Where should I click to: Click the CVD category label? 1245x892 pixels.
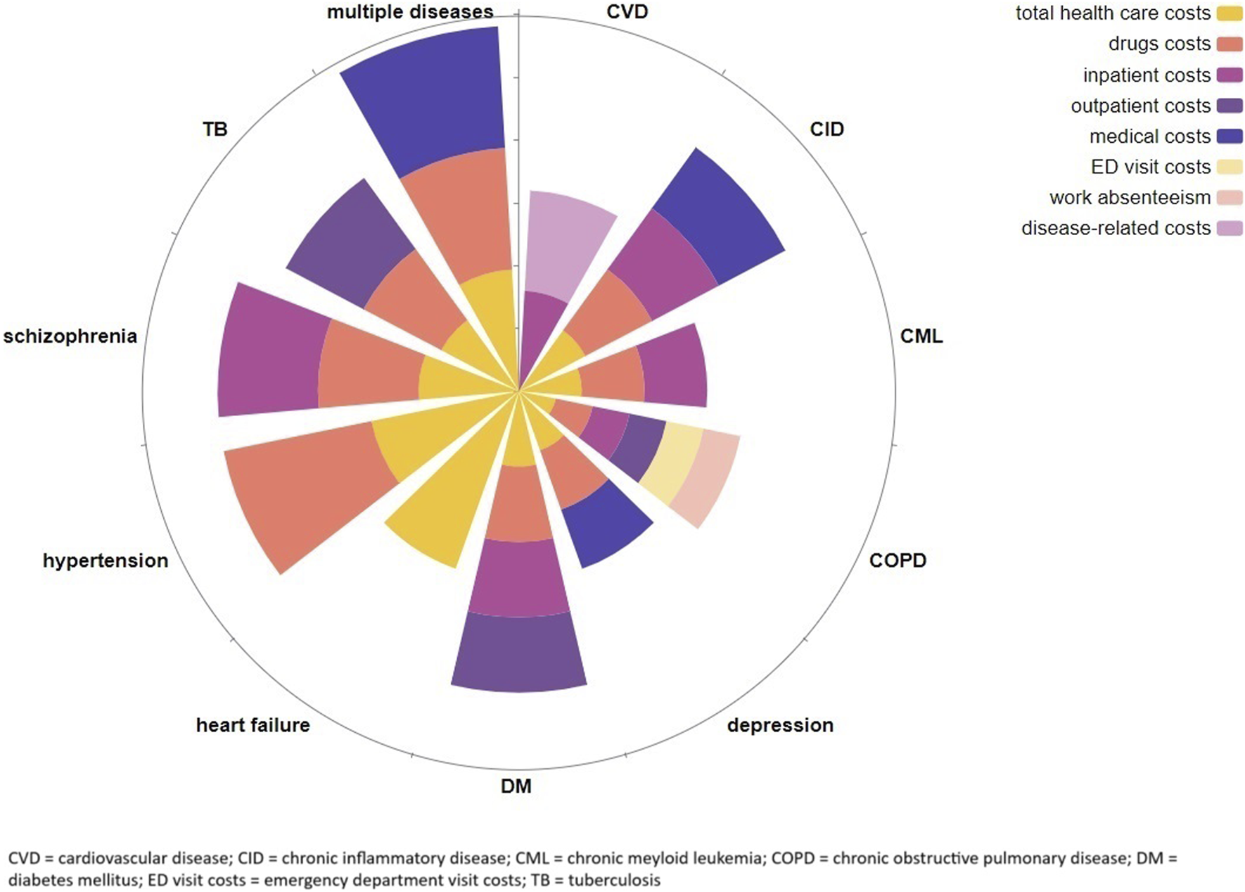pos(627,12)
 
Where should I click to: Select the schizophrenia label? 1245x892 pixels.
pos(70,336)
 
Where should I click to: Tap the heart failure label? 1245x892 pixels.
pos(253,725)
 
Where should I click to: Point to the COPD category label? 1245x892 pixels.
pos(898,560)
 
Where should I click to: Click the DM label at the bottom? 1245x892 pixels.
pos(516,786)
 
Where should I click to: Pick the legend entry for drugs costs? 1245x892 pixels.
pos(1159,44)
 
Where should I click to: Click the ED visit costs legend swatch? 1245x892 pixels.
pos(1229,167)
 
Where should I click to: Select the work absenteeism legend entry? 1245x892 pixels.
pos(1130,198)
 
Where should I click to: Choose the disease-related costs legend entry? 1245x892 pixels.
pos(1116,228)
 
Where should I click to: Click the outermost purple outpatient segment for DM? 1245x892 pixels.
pos(519,651)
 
